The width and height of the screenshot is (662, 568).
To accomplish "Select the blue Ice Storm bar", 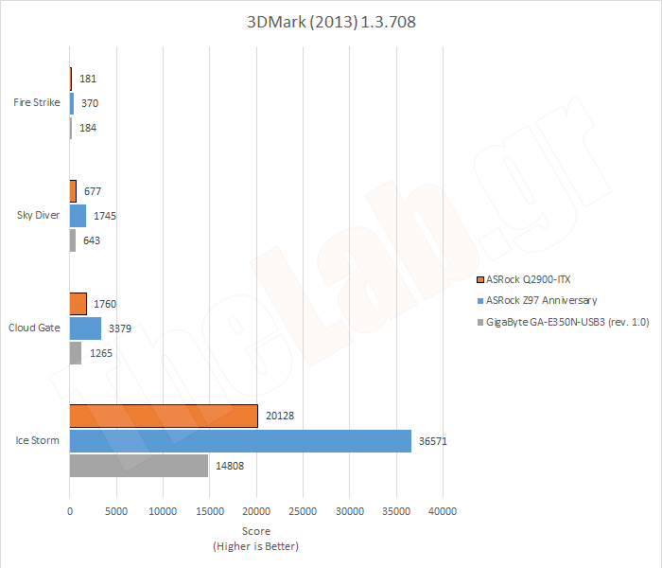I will tap(240, 441).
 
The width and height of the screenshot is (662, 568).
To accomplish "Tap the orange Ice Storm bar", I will tap(163, 417).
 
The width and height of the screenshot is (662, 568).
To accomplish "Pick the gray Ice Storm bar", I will tap(138, 466).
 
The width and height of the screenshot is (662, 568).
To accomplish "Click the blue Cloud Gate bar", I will tap(85, 328).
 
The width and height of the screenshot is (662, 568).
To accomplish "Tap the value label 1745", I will tap(105, 216).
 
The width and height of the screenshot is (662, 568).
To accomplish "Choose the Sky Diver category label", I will tap(39, 215).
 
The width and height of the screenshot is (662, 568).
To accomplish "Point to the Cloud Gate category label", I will tap(36, 328).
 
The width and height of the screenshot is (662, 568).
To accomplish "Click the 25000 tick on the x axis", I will tap(303, 511).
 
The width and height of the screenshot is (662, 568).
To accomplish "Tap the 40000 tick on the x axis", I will tap(443, 511).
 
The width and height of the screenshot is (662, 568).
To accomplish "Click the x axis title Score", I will tap(256, 531).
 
